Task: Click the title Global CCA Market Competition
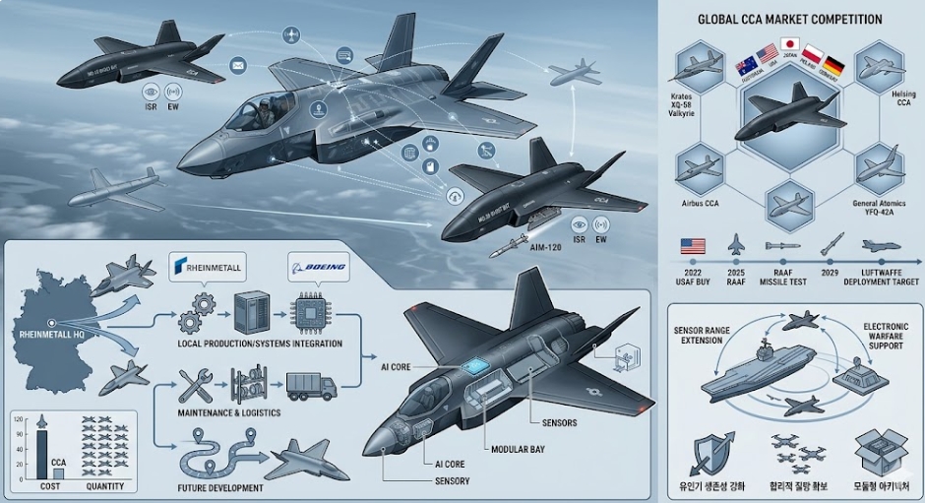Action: tap(789, 19)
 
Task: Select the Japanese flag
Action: tap(789, 44)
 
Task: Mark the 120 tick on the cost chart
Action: tap(18, 419)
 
